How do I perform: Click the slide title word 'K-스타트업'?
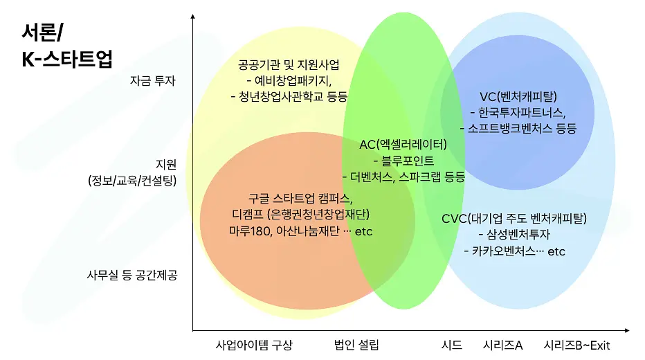66,59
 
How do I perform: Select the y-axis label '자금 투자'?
153,80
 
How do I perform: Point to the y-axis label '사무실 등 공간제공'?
132,275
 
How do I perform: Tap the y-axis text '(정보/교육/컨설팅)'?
132,180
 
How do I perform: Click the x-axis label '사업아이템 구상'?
254,345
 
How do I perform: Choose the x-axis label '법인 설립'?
356,345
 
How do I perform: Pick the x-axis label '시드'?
451,345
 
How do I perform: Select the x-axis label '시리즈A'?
502,345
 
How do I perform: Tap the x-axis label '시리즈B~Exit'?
576,345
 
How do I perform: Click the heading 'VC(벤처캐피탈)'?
518,97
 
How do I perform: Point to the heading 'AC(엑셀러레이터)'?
403,145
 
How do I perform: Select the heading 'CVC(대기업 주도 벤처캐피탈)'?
514,219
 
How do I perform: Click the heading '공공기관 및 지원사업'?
289,64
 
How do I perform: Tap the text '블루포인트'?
408,161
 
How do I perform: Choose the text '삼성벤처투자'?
518,235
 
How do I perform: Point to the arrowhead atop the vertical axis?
193,17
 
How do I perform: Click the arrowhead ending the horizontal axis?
627,330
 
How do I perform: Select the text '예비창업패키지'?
293,80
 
